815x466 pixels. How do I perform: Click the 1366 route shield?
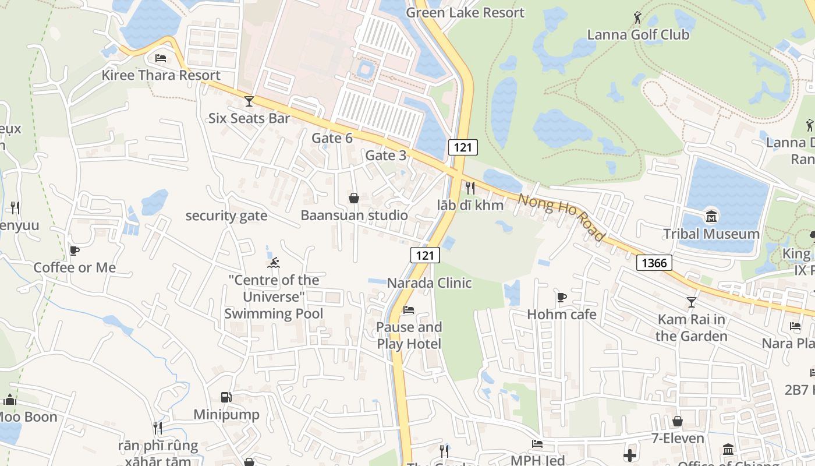tap(654, 263)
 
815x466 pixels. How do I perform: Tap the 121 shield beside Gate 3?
tap(463, 147)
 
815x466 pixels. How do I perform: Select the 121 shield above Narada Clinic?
tap(425, 255)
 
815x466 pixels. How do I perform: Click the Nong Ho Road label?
tap(561, 217)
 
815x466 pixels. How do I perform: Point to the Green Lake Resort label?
tap(465, 12)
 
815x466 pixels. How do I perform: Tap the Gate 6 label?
tap(332, 138)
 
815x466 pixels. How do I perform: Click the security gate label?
tap(226, 216)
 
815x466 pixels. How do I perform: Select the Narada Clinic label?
tap(429, 283)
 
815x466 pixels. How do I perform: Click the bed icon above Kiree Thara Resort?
tap(161, 58)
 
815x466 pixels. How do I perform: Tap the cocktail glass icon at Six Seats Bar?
tap(249, 101)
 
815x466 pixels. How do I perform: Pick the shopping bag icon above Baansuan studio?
tap(353, 198)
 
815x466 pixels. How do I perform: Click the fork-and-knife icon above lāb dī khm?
tap(470, 188)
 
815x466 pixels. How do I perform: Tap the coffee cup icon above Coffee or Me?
tap(74, 250)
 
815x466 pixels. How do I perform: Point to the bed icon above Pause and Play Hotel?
tap(409, 309)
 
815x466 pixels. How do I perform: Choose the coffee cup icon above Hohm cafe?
tap(561, 297)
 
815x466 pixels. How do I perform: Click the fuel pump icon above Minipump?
tap(226, 397)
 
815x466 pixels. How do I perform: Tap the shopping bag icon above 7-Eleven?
tap(677, 421)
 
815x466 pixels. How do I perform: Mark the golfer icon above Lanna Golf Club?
tap(637, 17)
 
